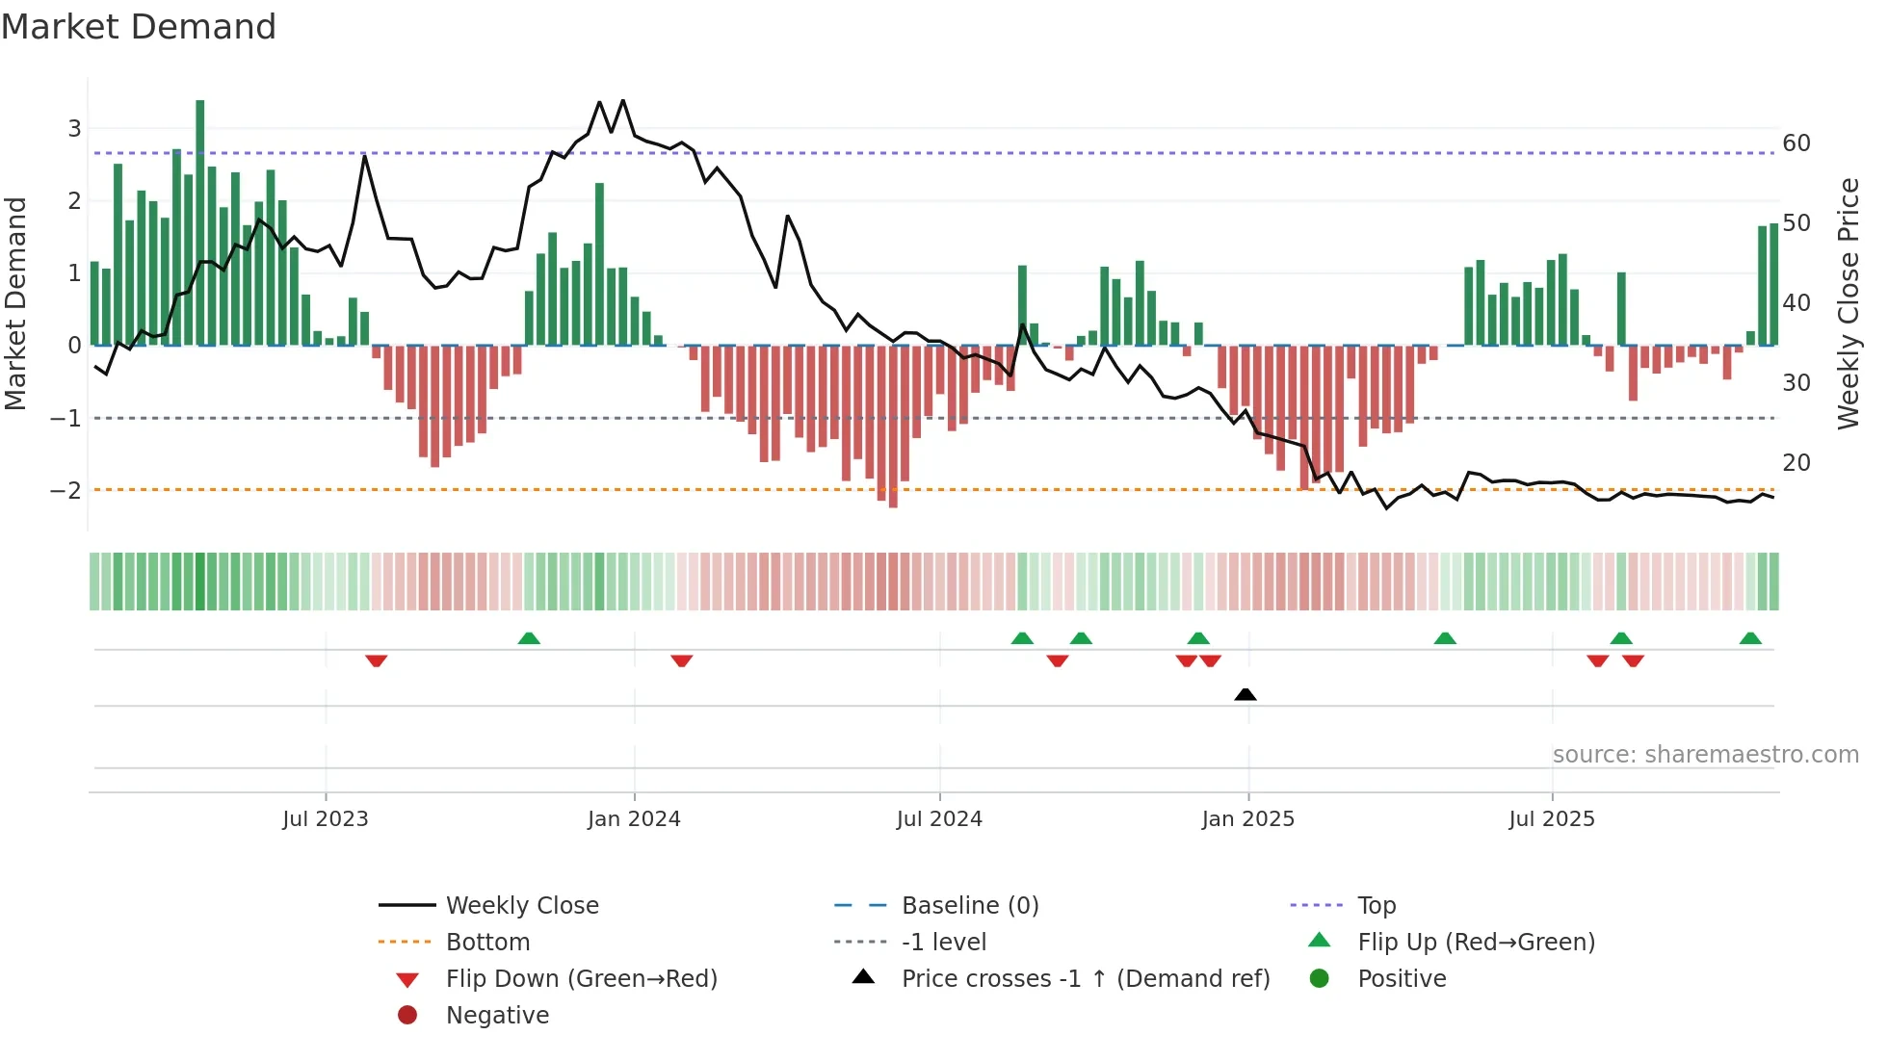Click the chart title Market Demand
tap(139, 27)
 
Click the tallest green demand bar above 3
tap(199, 221)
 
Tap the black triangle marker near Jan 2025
tap(1245, 694)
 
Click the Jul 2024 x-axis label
tap(939, 819)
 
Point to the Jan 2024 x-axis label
tap(634, 819)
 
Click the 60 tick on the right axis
tap(1796, 143)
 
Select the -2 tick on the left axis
tap(66, 490)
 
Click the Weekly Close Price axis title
tap(1848, 303)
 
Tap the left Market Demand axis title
tap(16, 303)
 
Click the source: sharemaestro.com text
tap(1705, 755)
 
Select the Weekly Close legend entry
tap(521, 906)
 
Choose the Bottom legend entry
tap(487, 943)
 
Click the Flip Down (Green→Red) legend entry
tap(581, 979)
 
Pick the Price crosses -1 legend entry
tap(1085, 979)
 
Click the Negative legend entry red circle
tap(407, 1016)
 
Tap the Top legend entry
tap(1376, 906)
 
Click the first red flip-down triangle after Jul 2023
tap(377, 660)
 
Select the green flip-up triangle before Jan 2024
tap(529, 638)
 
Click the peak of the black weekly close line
tap(623, 100)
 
